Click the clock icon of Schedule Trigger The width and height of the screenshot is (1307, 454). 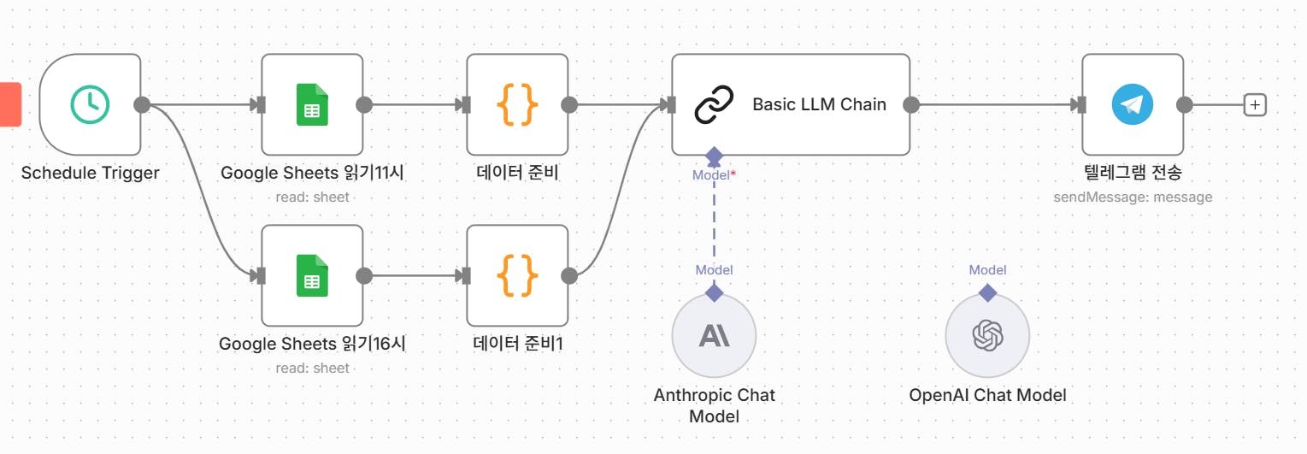coord(90,104)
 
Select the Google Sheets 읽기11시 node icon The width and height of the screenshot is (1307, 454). coord(312,104)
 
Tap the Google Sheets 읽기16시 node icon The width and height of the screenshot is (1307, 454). coord(312,275)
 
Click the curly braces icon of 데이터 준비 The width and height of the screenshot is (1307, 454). coord(517,104)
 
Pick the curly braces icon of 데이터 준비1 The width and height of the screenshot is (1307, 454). coord(517,275)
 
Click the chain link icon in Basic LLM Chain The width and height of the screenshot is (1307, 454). coord(714,104)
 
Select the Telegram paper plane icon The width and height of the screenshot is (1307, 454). coord(1133,104)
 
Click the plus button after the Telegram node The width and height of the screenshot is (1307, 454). coord(1255,104)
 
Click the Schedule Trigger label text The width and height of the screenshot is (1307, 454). coord(90,173)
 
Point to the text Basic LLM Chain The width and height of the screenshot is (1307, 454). coord(819,104)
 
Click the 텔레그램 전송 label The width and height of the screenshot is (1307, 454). coord(1133,173)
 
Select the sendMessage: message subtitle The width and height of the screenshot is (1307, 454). coord(1133,197)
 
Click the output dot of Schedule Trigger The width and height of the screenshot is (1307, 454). coord(142,104)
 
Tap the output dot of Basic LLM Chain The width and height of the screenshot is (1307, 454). coord(911,104)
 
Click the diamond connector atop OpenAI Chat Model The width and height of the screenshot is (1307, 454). coord(987,292)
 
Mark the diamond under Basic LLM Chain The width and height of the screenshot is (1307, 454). coord(714,156)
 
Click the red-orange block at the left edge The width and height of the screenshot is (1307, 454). coord(9,104)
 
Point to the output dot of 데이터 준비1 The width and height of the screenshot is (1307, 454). coord(569,275)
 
